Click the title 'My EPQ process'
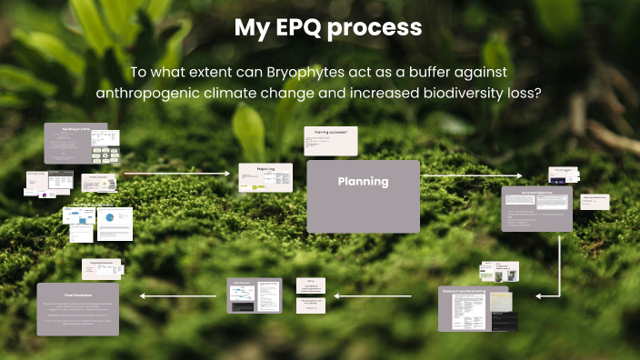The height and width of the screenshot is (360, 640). pos(328,28)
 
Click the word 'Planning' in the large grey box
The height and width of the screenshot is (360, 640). pos(363,182)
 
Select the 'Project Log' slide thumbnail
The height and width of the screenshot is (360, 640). pos(265,177)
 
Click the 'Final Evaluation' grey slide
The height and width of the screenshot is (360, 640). pos(78,309)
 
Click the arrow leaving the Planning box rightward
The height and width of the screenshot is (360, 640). pos(461,175)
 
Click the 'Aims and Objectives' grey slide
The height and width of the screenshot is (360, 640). pos(536,208)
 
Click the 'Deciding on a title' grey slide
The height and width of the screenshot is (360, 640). pos(75,143)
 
